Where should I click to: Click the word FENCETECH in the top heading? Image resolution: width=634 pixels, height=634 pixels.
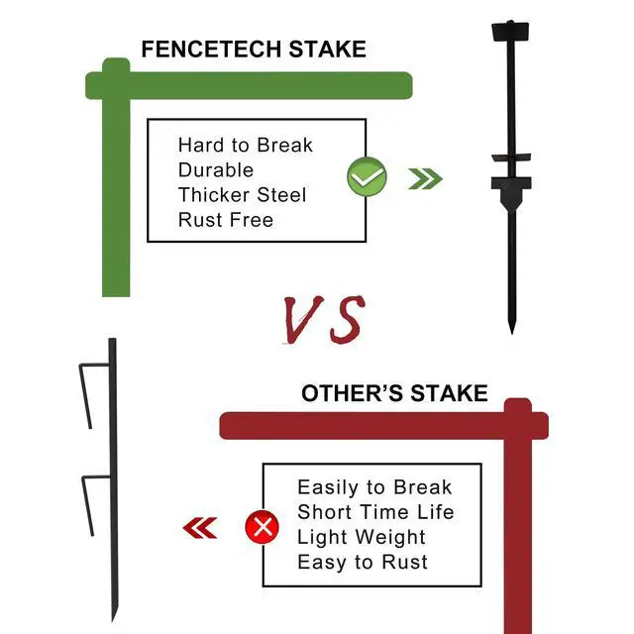[x=211, y=50]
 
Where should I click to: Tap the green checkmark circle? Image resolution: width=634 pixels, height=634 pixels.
[x=367, y=176]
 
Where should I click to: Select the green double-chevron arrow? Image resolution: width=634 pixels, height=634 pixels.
[x=425, y=178]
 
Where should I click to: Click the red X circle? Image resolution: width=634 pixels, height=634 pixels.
[x=262, y=527]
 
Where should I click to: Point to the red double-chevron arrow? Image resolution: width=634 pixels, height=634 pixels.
[x=200, y=528]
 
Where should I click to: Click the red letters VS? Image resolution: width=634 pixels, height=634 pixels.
[x=324, y=319]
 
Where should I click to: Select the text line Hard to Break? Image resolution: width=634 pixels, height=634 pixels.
[x=246, y=146]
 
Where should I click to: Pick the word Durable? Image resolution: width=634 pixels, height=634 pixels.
[x=216, y=170]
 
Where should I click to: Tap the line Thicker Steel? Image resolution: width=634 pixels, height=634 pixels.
[x=242, y=195]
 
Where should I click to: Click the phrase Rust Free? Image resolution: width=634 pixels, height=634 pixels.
[x=226, y=220]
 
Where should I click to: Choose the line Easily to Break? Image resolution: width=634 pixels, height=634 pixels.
[x=374, y=487]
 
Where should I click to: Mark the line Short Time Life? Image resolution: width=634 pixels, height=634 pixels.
[x=375, y=512]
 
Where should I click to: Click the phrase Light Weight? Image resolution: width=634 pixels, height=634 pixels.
[x=362, y=538]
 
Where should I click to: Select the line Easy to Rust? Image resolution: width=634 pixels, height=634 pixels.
[x=363, y=563]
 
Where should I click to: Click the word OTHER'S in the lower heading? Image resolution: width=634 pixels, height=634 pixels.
[x=353, y=393]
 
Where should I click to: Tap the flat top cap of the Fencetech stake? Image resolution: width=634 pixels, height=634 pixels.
[x=510, y=31]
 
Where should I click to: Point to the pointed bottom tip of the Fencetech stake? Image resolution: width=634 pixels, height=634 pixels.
[x=511, y=333]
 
